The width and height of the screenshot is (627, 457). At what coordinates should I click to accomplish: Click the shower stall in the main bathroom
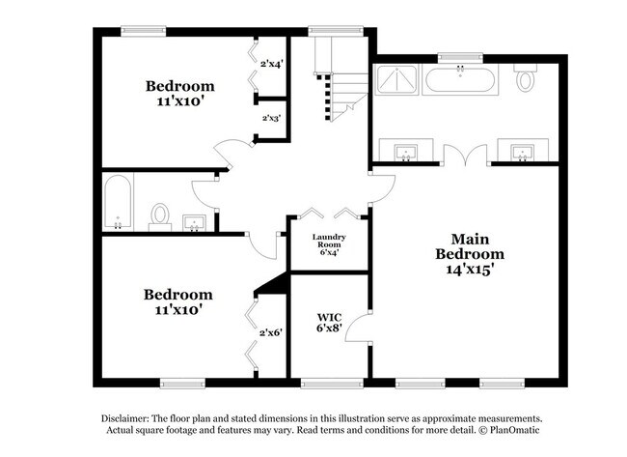[x=397, y=78]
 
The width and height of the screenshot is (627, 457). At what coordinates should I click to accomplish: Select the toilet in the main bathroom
[x=526, y=79]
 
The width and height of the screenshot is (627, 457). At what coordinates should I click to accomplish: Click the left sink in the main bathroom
[x=406, y=153]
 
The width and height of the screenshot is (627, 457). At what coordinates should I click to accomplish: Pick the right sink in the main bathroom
[x=522, y=153]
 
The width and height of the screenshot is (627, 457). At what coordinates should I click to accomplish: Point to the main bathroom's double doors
[x=465, y=155]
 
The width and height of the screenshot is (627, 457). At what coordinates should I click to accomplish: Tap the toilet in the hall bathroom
[x=161, y=214]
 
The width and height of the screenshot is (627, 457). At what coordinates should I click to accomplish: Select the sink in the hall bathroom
[x=196, y=223]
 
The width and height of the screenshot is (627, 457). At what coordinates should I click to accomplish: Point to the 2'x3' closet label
[x=271, y=119]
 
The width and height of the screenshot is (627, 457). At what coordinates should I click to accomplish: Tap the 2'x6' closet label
[x=269, y=333]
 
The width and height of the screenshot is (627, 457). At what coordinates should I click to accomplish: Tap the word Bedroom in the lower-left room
[x=178, y=294]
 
